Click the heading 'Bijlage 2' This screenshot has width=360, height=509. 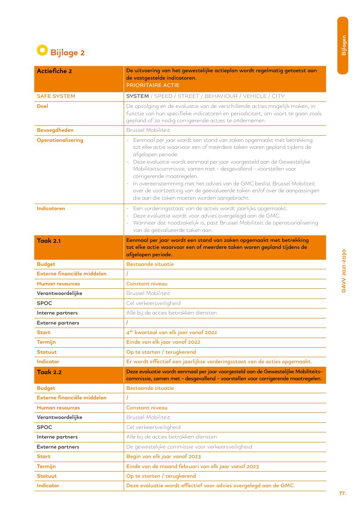67,53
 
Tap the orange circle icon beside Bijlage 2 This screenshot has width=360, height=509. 42,50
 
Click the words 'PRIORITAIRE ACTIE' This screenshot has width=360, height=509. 152,85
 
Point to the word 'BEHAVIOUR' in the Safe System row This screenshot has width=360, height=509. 221,96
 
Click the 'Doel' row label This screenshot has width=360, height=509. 42,106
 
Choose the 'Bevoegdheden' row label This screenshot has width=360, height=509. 55,130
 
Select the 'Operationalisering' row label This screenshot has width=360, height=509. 60,140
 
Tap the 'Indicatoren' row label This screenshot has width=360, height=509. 51,208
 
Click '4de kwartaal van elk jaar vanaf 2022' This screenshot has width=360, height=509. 172,332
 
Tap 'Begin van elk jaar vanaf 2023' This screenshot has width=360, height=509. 163,456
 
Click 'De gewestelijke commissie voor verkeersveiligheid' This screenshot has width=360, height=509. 189,447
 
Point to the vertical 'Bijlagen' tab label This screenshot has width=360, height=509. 343,45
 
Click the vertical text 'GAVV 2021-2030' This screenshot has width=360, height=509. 343,271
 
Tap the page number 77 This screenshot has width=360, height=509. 342,493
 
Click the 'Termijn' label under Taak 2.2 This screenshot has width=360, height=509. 46,466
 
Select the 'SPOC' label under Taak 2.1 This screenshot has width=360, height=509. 44,303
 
